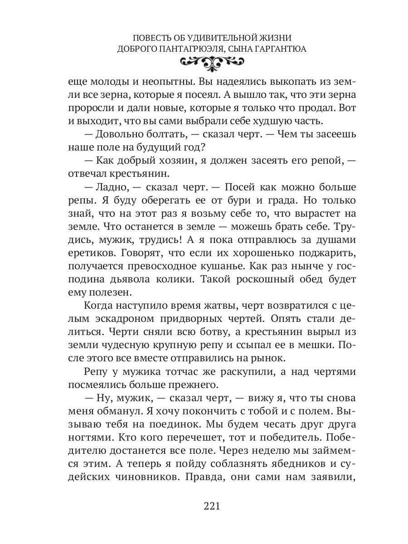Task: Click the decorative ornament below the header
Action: [204, 64]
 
